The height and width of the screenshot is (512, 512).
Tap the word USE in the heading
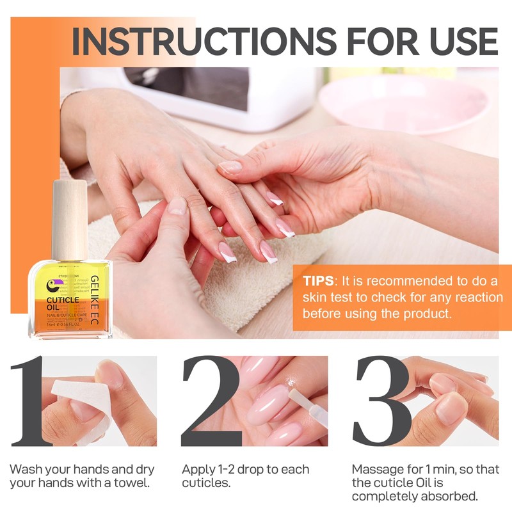[x=457, y=41]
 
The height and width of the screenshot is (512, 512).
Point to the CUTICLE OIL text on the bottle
[x=61, y=303]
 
